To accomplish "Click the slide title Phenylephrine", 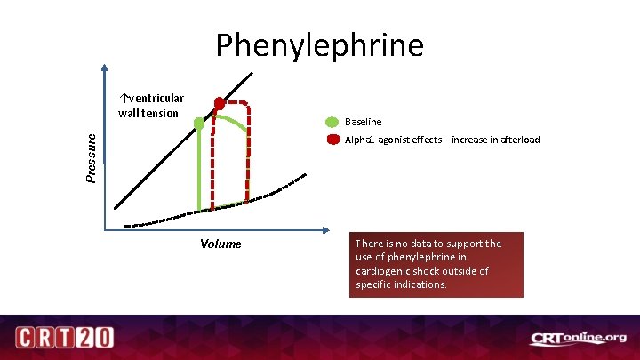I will pos(320,44).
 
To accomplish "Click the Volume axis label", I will pos(220,244).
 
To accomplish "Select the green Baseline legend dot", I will pos(332,122).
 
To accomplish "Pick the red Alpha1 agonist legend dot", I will pos(332,140).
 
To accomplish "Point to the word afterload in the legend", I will pos(515,140).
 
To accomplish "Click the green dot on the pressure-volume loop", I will pos(199,124).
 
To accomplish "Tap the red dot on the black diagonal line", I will pos(219,103).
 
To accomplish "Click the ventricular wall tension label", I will pos(151,105).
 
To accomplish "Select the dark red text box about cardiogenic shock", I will pos(436,264).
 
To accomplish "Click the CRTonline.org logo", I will pos(578,338).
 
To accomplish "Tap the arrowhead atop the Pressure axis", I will pos(105,68).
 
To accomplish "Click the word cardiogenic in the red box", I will pos(388,271).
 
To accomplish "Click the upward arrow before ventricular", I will pos(124,98).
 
